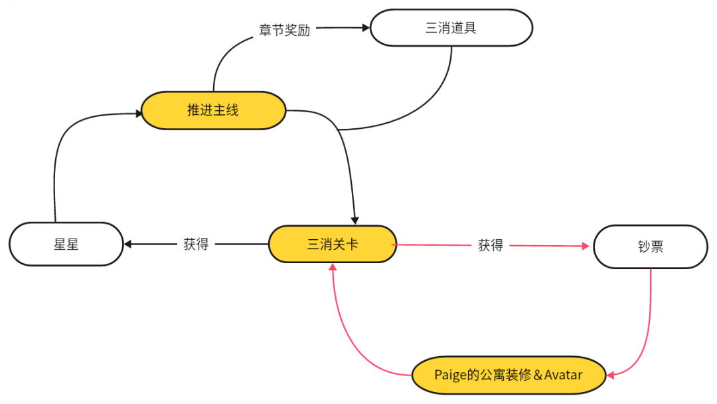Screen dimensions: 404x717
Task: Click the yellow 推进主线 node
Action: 213,110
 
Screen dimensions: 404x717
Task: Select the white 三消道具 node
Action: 451,28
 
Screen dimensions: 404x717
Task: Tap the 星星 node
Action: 66,244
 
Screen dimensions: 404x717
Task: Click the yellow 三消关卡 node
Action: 332,244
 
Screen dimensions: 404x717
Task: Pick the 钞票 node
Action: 650,247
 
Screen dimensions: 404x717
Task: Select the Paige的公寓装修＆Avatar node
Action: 509,375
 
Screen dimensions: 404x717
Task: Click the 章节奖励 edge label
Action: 284,30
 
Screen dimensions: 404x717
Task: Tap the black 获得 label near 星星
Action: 196,244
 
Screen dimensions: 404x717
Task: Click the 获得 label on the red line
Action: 490,245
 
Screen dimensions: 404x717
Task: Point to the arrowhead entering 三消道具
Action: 365,28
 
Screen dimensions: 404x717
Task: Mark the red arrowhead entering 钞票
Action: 586,247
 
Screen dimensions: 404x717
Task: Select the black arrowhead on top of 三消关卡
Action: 356,221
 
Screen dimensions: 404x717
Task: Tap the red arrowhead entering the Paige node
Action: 611,375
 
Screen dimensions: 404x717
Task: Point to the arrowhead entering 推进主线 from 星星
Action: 139,114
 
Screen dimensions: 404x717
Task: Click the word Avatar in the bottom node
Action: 563,375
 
